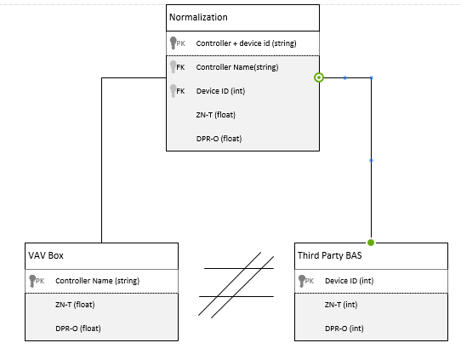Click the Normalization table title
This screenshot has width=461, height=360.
pos(198,17)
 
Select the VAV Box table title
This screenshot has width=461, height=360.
pos(44,255)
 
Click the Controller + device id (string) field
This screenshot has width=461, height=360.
pos(246,43)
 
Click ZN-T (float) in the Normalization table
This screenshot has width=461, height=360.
pos(216,115)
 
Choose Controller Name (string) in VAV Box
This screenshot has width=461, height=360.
pos(97,280)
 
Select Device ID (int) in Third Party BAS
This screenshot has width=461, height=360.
pos(348,280)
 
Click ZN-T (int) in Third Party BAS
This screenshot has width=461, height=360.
pos(341,304)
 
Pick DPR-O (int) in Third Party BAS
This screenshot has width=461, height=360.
pos(344,328)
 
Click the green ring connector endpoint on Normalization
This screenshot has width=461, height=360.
pos(319,77)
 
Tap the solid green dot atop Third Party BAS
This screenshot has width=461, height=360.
pos(371,243)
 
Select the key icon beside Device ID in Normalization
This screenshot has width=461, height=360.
pos(174,91)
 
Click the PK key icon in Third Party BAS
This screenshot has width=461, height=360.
pos(303,280)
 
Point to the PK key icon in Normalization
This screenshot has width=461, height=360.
pos(174,43)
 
